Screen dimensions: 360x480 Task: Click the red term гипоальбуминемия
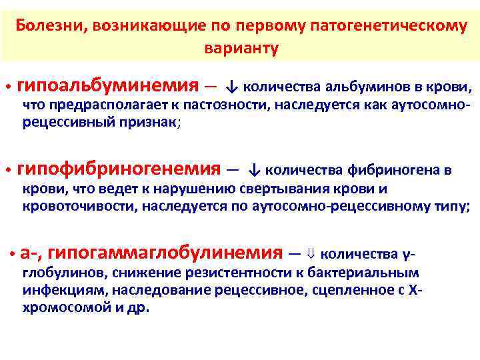point(107,85)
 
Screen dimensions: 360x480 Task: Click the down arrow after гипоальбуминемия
point(231,87)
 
